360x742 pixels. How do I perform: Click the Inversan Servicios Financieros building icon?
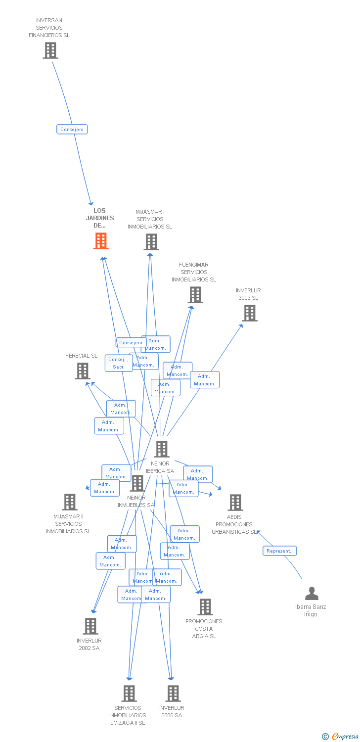coord(50,50)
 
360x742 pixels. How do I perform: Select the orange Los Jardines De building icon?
coord(101,241)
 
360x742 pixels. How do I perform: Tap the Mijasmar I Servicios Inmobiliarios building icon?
coord(151,242)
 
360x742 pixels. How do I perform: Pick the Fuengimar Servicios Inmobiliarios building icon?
coord(195,295)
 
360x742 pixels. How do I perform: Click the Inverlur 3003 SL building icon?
coord(250,313)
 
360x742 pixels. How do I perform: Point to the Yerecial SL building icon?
coord(83,371)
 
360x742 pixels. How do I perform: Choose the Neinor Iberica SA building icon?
coord(162,449)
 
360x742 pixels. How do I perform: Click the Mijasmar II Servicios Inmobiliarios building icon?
coord(70,502)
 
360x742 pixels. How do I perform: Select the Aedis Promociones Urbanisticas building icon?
coord(235,503)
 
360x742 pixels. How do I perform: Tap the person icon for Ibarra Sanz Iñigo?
coord(312,593)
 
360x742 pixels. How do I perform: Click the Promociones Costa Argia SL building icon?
coord(205,607)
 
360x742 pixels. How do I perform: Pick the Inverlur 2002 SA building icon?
coord(90,626)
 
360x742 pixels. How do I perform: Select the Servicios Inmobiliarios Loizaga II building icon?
coord(129,694)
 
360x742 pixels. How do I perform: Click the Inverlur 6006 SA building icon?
coord(173,694)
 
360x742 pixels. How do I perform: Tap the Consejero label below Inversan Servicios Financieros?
coord(72,130)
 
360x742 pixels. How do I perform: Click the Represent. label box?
coord(279,551)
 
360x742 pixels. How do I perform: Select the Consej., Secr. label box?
coord(119,363)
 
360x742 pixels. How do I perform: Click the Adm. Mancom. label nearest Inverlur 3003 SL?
coord(205,380)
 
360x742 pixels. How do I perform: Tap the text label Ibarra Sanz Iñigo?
coord(311,610)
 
